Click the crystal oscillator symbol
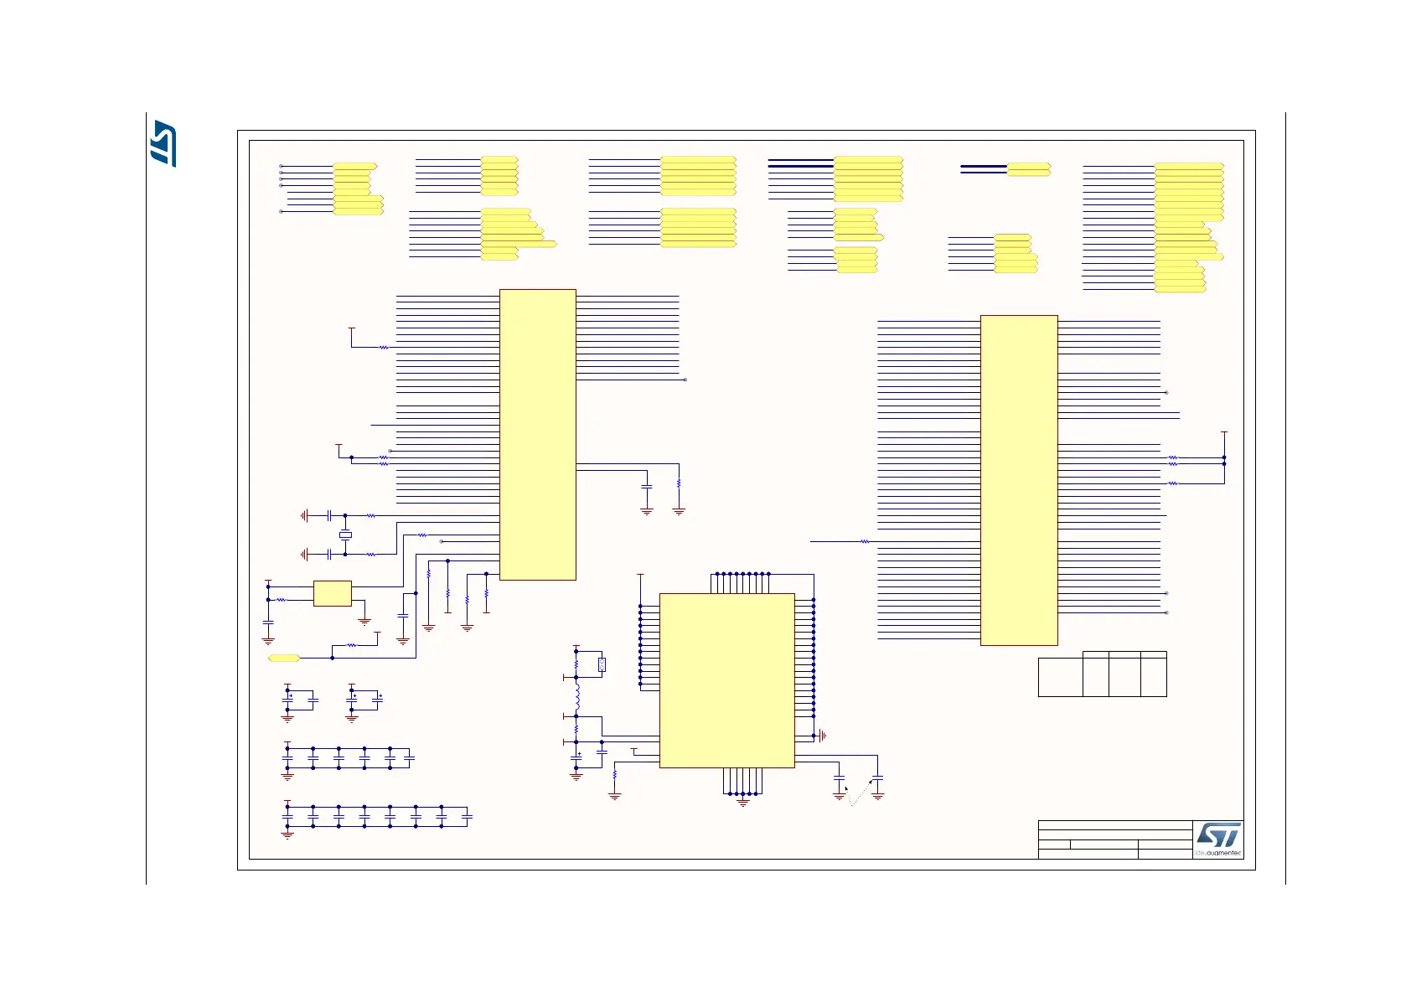click(x=344, y=535)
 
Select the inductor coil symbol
click(x=577, y=697)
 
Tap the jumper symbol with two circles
click(x=602, y=665)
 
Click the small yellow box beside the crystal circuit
click(x=332, y=593)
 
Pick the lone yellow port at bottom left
click(x=283, y=659)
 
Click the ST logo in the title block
click(x=1217, y=834)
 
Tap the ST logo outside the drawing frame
click(x=163, y=144)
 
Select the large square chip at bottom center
click(x=726, y=680)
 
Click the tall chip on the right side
click(x=1019, y=480)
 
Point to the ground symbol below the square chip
click(x=742, y=803)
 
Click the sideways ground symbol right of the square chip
click(x=823, y=736)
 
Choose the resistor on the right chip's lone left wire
click(x=865, y=542)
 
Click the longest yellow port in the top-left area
click(x=519, y=244)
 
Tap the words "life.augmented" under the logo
click(x=1218, y=853)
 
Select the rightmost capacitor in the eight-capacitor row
click(x=468, y=817)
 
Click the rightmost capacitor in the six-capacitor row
click(x=410, y=758)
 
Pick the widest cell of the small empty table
click(x=1060, y=677)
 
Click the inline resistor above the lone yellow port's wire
click(x=352, y=645)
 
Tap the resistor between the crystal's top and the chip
click(x=371, y=516)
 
